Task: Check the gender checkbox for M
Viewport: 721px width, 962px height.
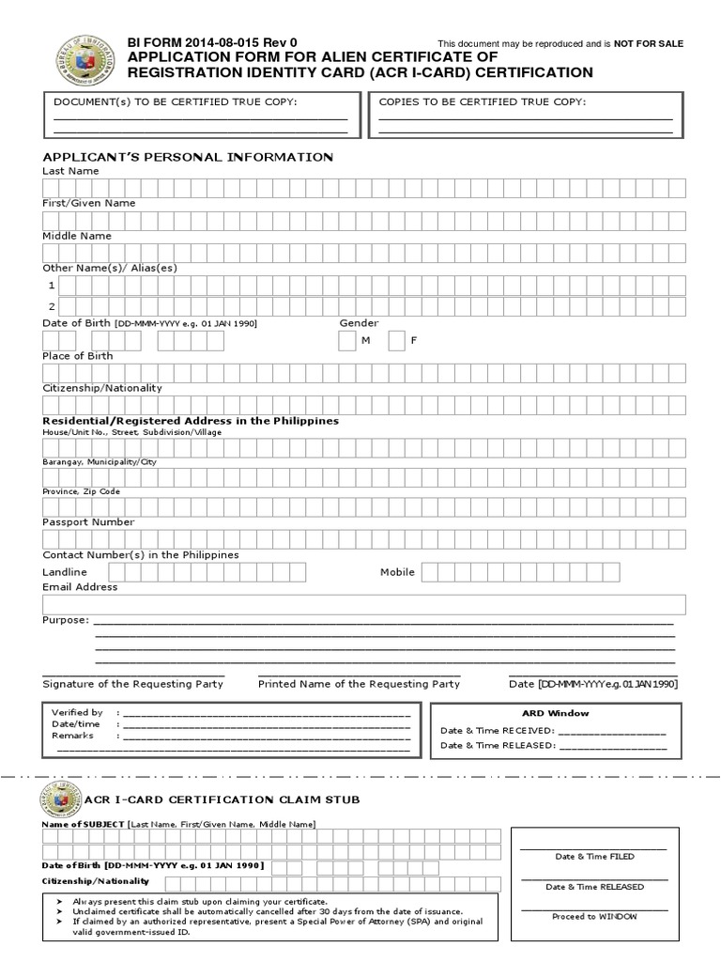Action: [347, 340]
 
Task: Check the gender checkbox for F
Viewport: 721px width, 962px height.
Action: [396, 340]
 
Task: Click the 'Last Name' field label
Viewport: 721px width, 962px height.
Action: [70, 171]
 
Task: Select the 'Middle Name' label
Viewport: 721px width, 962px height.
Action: [77, 236]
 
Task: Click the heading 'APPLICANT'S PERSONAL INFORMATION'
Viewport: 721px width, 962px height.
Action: [188, 157]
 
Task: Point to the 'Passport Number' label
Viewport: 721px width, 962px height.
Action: [88, 521]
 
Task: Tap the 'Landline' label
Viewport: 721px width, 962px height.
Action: [65, 572]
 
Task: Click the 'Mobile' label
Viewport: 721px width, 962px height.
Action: [397, 572]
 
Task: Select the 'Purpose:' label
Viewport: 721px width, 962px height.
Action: [66, 620]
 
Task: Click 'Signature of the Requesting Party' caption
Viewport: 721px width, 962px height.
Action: [132, 684]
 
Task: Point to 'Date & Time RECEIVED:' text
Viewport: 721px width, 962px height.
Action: [498, 731]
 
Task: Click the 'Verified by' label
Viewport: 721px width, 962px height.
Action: [77, 713]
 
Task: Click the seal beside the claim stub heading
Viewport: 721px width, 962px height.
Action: [60, 799]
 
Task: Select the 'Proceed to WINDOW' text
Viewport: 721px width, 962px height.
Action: [594, 916]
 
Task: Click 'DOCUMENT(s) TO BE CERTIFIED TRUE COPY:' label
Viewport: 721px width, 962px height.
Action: [175, 101]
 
